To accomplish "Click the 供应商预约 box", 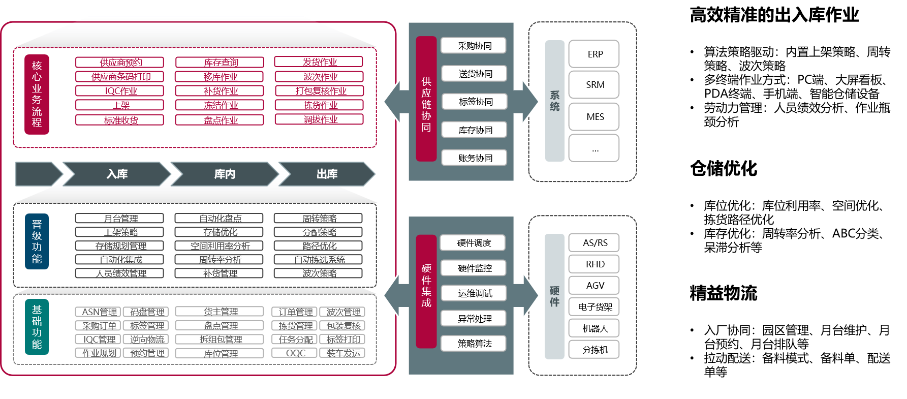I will point(119,63).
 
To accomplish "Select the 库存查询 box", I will point(220,63).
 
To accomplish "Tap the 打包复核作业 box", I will point(319,91).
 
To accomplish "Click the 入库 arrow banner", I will point(117,174).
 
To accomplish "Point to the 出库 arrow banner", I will point(327,174).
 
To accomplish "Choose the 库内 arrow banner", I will point(225,174).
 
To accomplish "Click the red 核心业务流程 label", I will point(37,94).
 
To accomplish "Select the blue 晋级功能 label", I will point(37,241).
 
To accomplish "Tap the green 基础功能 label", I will point(37,327).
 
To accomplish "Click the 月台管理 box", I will point(119,219).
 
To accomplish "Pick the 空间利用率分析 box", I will point(219,246).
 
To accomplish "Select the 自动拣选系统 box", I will point(318,260).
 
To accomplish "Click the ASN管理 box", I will point(99,312).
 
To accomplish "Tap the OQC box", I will point(295,353).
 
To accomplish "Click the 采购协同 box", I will point(474,46).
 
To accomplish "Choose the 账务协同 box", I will point(474,158).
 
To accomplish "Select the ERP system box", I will point(594,54).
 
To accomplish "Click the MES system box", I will point(594,117).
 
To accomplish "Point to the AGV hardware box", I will point(594,286).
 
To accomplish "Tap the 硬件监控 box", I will point(474,268).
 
